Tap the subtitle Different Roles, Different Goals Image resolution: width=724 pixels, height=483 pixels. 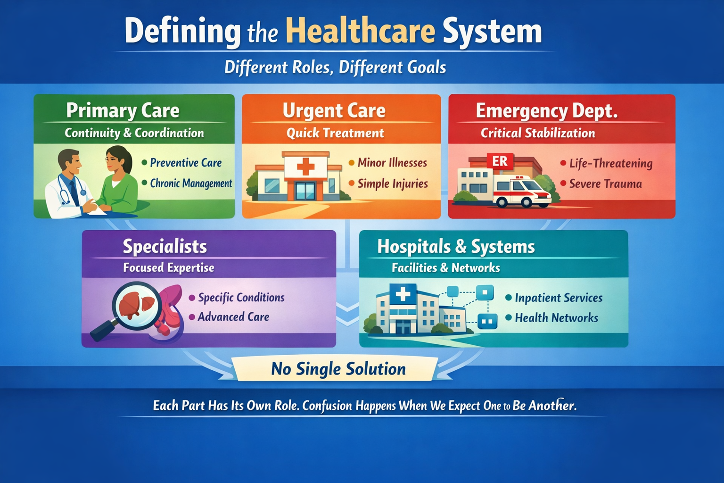pyautogui.click(x=335, y=67)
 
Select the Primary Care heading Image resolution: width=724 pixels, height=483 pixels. pyautogui.click(x=123, y=111)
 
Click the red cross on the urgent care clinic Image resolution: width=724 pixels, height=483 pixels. pyautogui.click(x=305, y=167)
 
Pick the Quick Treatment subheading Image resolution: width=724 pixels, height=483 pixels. pyautogui.click(x=335, y=133)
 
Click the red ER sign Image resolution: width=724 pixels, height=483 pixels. pyautogui.click(x=500, y=161)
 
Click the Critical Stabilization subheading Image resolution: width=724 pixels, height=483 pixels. pyautogui.click(x=538, y=133)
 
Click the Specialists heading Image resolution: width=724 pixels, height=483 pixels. pyautogui.click(x=165, y=247)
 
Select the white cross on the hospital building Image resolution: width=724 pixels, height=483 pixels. pyautogui.click(x=403, y=294)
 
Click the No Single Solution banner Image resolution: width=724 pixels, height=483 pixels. pyautogui.click(x=338, y=369)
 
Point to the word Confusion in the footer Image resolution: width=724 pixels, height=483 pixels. pyautogui.click(x=327, y=406)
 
